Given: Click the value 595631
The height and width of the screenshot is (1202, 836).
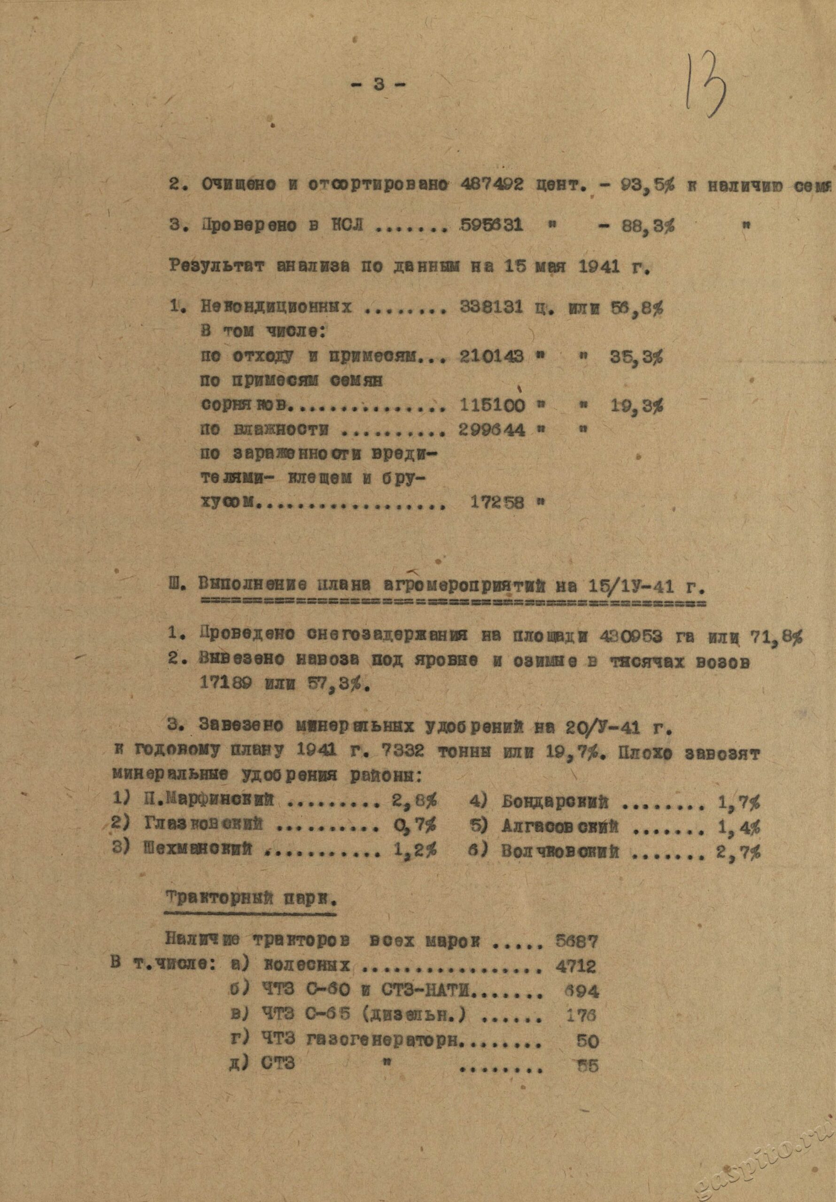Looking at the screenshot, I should click(491, 226).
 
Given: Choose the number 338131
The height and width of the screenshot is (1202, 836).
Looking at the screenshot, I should click(491, 307).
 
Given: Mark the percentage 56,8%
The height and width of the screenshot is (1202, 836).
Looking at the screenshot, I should click(637, 307).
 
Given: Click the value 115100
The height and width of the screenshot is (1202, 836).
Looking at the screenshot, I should click(491, 405).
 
